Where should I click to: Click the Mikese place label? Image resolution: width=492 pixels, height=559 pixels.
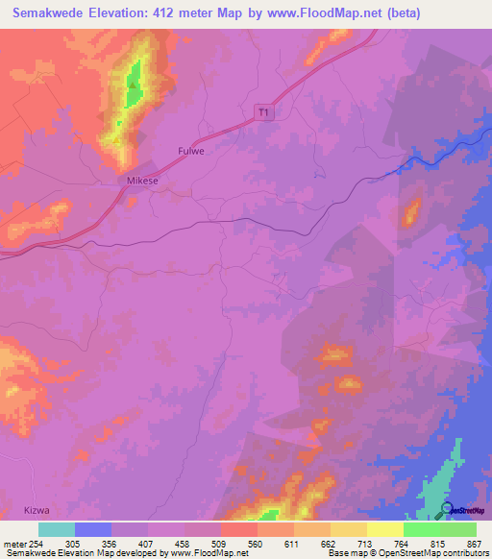(x=135, y=181)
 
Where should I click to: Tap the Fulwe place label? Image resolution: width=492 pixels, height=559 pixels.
(x=191, y=151)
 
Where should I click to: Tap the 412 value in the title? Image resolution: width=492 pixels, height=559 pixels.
(x=182, y=14)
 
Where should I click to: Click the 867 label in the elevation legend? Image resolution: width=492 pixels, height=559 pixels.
(x=475, y=543)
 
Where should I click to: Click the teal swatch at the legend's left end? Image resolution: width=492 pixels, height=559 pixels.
(x=57, y=529)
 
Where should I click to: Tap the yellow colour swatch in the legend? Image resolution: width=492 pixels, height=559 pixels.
(x=385, y=529)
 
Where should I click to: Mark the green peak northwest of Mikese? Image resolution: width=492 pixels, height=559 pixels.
(x=132, y=85)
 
